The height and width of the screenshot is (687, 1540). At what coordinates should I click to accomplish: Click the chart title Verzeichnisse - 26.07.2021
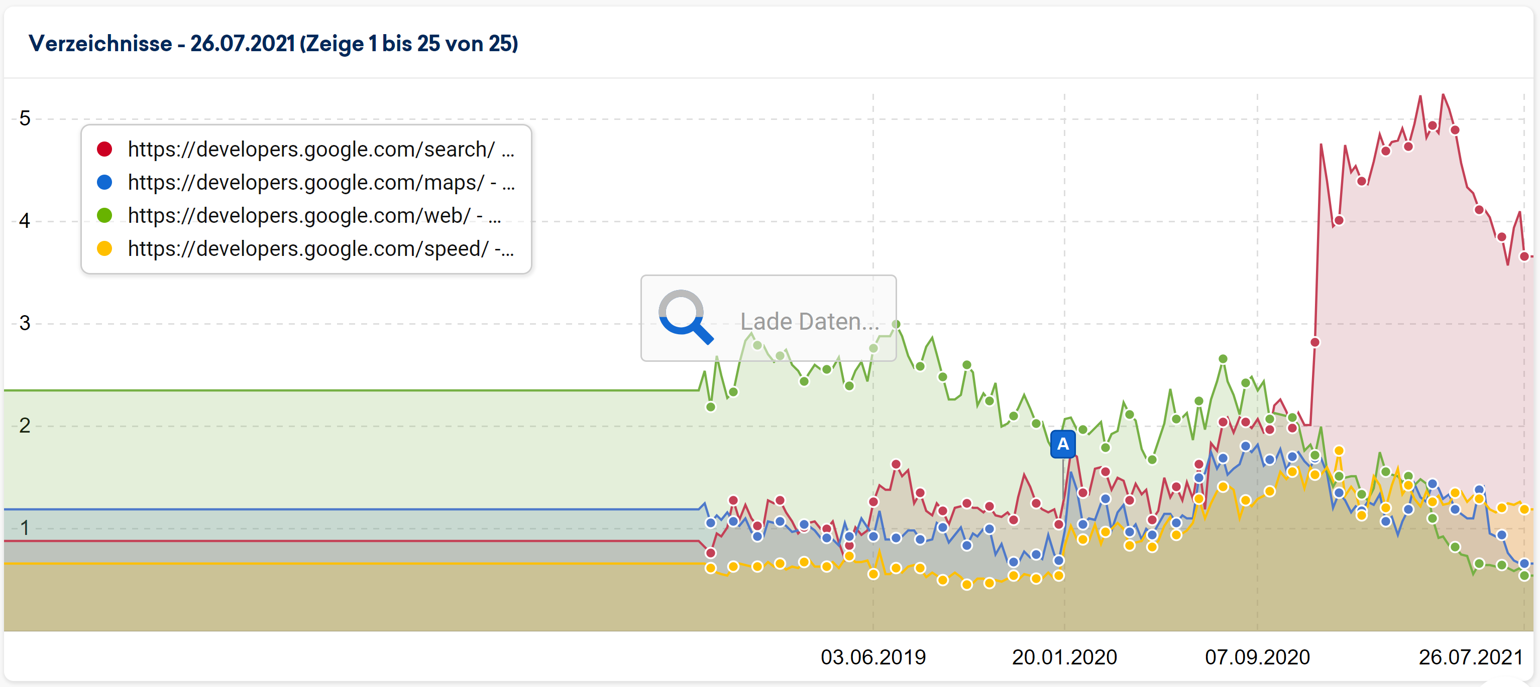coord(273,44)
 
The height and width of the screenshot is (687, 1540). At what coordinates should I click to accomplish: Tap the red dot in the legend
coord(104,150)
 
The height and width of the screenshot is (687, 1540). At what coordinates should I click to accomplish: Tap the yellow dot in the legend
coord(104,248)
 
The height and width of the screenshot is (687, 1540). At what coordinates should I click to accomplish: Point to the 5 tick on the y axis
coord(25,118)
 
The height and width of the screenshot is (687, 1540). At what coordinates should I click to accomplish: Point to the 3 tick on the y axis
coord(25,323)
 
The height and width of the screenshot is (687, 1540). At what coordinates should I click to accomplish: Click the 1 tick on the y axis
coord(25,527)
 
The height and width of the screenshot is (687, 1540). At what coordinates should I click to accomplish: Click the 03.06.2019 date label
coord(873,657)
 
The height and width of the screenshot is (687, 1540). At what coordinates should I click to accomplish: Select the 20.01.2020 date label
coord(1064,657)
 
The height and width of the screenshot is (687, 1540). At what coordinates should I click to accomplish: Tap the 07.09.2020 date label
coord(1257,657)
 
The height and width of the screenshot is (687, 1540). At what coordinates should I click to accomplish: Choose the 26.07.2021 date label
coord(1471,657)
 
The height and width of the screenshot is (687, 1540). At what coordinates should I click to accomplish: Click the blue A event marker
coord(1063,444)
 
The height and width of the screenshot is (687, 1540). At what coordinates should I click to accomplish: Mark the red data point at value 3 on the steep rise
coord(1315,342)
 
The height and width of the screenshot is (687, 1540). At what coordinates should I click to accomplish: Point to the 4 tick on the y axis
coord(25,221)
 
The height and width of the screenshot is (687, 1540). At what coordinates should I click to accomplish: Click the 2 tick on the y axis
coord(25,426)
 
